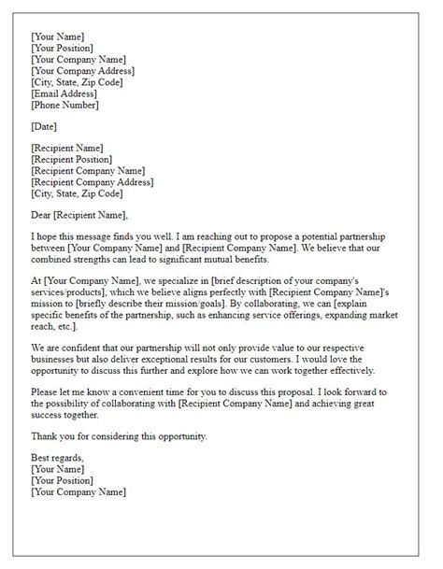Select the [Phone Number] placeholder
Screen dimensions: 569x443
point(66,107)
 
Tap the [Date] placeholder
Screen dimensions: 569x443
point(45,125)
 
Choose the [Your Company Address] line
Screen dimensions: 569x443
point(82,70)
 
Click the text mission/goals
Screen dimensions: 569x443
point(196,305)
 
